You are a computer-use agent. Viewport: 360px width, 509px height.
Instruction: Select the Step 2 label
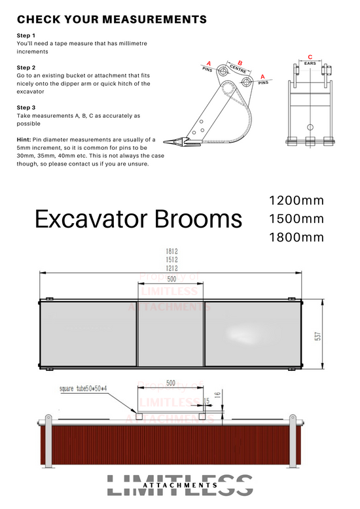[26, 67]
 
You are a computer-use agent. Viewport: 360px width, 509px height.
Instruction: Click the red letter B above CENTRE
[240, 63]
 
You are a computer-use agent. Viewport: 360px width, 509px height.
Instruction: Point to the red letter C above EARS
[310, 58]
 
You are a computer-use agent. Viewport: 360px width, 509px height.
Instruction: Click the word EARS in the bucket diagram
[310, 63]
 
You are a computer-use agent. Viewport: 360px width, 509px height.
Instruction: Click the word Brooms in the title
[195, 219]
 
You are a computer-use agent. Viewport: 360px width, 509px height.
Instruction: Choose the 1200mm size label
[296, 200]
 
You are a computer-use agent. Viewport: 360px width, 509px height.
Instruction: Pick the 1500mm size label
[296, 219]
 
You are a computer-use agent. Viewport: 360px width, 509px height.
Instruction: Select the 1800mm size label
[296, 237]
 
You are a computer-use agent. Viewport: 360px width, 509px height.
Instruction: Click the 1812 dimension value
[171, 252]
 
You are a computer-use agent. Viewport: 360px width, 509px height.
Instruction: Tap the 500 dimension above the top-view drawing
[171, 279]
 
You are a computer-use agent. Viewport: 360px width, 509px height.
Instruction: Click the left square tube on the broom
[138, 415]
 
